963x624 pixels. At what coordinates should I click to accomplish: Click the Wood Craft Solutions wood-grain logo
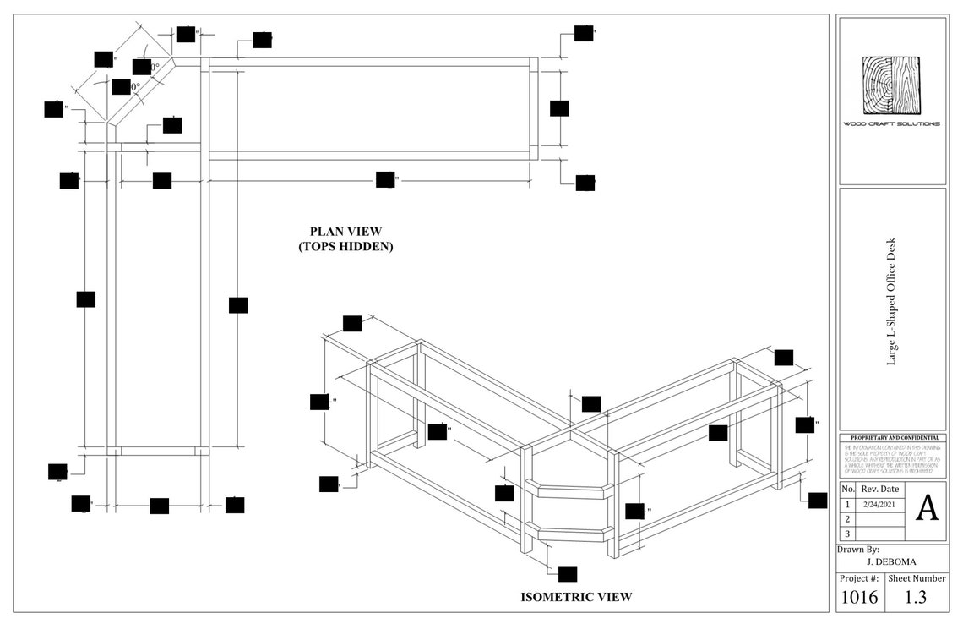(x=891, y=85)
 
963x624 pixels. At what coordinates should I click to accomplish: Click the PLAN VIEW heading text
(x=345, y=231)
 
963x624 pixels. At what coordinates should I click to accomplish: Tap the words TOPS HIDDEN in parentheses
(x=345, y=247)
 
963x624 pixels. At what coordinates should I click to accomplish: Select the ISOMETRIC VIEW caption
(x=576, y=597)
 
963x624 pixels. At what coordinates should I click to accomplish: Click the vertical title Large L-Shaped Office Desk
(x=890, y=302)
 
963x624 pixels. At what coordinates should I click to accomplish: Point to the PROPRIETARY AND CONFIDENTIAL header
(x=891, y=438)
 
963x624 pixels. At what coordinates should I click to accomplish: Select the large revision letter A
(x=927, y=509)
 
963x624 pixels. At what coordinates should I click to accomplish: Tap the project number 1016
(x=858, y=598)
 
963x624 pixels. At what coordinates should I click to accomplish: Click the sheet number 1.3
(x=915, y=598)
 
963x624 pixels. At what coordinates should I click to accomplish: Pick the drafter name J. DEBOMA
(x=891, y=561)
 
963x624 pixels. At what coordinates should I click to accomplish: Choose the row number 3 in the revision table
(x=847, y=534)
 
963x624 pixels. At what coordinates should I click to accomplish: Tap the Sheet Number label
(x=917, y=578)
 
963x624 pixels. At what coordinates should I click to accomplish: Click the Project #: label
(x=858, y=578)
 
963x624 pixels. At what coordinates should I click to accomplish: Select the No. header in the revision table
(x=847, y=489)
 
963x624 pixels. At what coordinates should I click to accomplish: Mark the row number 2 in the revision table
(x=847, y=518)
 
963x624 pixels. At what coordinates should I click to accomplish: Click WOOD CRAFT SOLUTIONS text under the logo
(x=891, y=123)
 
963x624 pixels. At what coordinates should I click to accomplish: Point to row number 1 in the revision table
(x=847, y=503)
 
